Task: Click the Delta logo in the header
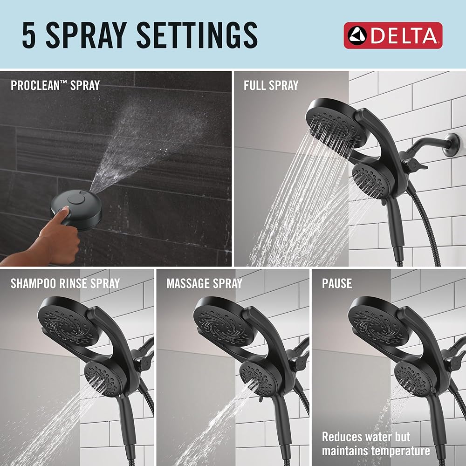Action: coord(393,35)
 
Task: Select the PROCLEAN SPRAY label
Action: coord(55,85)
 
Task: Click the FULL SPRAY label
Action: coord(271,85)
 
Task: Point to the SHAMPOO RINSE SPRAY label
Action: coord(65,283)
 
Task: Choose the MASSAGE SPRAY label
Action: coord(205,283)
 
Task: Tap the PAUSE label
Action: coord(337,283)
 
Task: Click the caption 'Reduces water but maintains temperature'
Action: coord(376,444)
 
